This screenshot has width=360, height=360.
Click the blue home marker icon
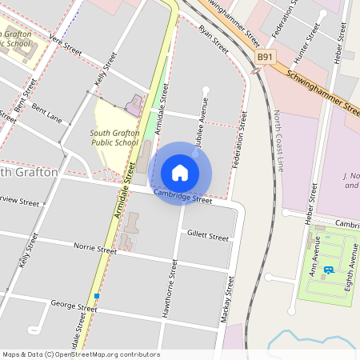[180, 172]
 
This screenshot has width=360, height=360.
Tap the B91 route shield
[266, 58]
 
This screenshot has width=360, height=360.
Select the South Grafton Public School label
[114, 138]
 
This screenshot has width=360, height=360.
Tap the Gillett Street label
[207, 236]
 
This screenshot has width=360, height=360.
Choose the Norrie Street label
[94, 249]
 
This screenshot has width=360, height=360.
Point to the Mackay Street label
[227, 300]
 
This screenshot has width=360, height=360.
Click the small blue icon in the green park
[328, 270]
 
